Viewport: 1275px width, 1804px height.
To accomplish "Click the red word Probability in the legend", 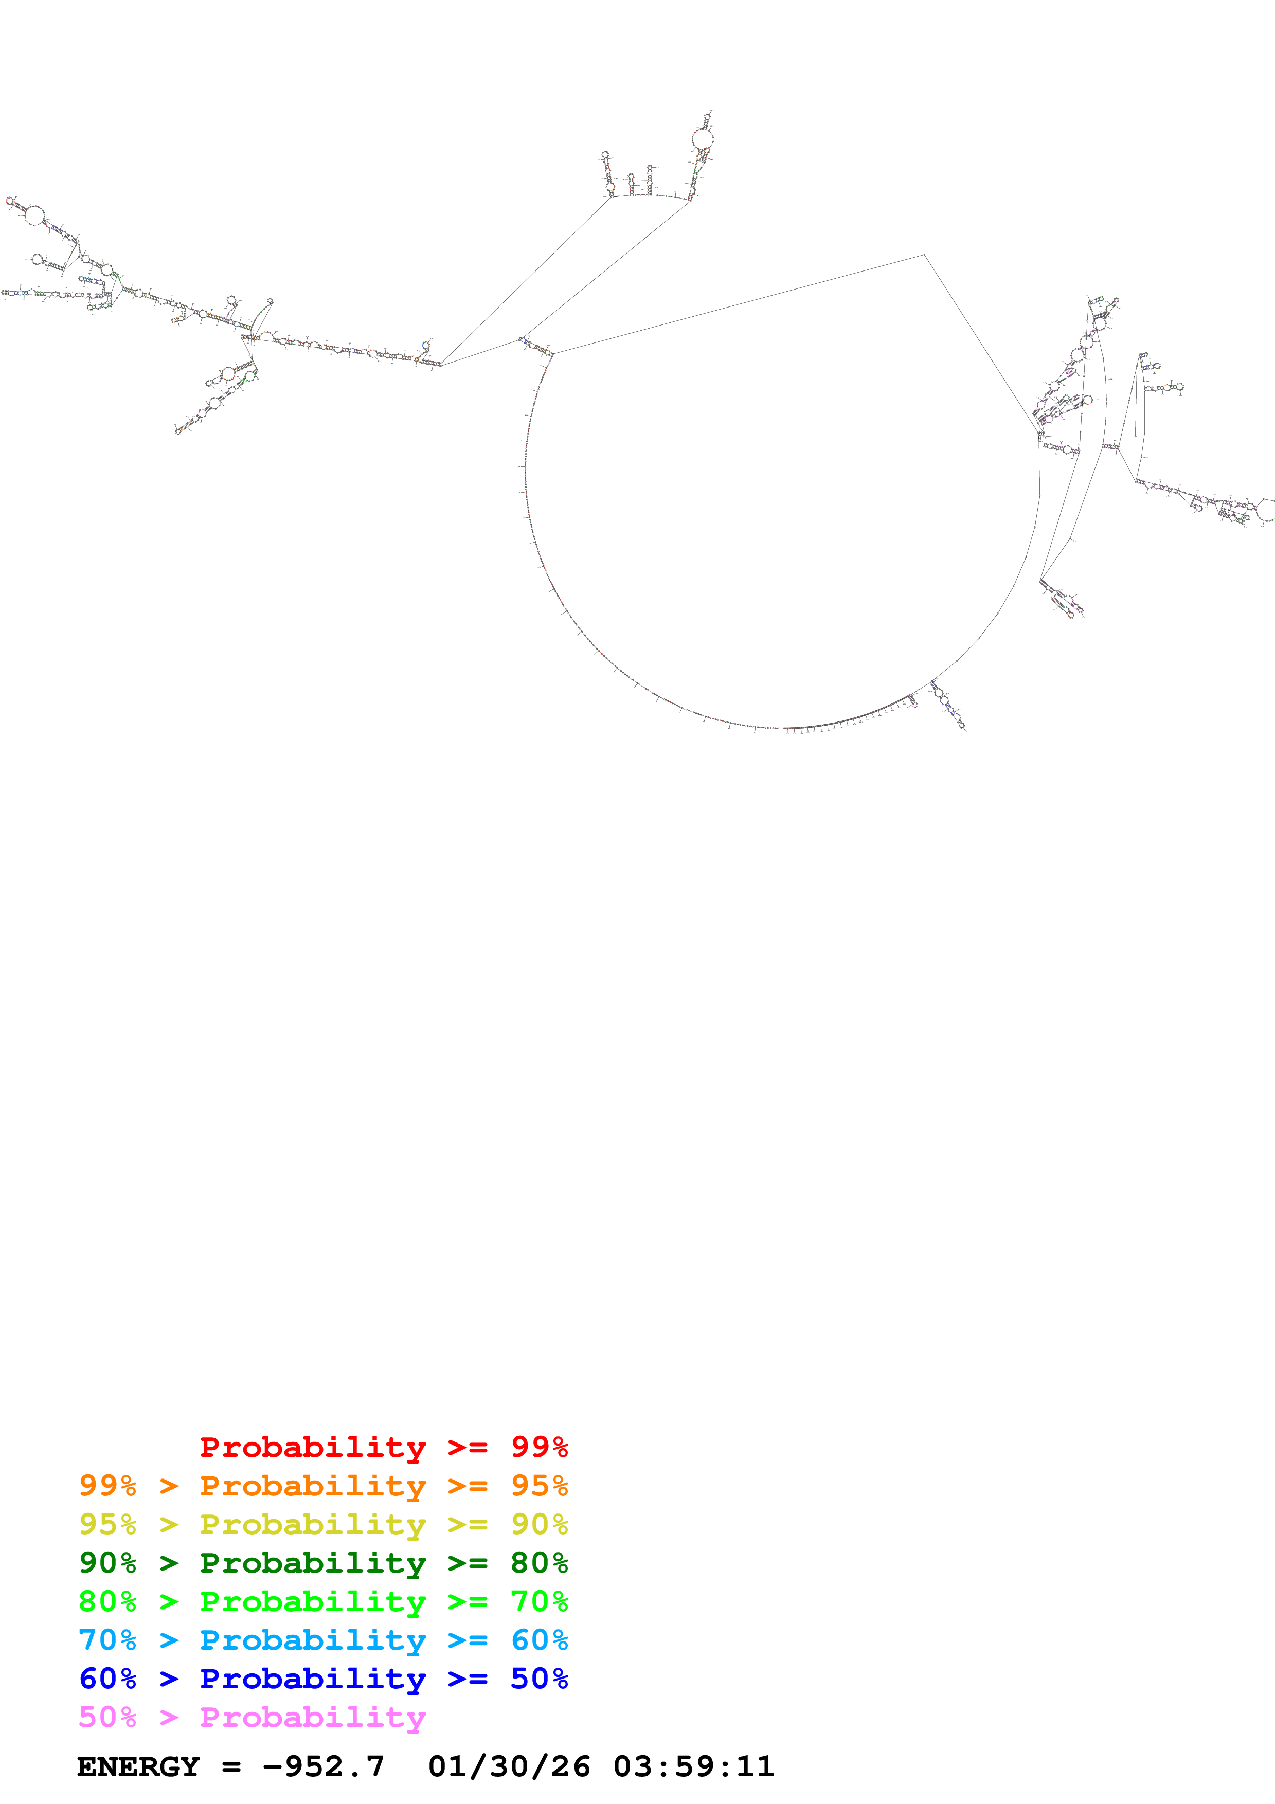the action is [313, 1447].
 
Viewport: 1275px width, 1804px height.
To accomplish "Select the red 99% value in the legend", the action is [539, 1447].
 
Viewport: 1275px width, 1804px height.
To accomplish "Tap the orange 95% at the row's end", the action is [539, 1486].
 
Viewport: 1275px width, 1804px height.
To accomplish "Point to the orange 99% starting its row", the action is [107, 1486].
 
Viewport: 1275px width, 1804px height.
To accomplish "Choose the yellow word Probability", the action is [313, 1524].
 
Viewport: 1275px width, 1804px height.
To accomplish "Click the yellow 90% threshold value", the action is [539, 1524].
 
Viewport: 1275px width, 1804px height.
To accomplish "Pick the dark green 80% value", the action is [539, 1563].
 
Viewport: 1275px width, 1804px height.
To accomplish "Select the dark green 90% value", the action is [107, 1563].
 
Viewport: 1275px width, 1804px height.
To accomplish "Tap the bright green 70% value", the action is [539, 1601].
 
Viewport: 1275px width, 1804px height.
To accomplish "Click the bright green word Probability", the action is [313, 1601].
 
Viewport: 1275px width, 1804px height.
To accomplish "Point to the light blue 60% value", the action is [539, 1640].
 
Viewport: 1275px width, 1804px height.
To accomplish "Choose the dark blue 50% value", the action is [539, 1679].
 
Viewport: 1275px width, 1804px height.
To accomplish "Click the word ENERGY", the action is [138, 1766].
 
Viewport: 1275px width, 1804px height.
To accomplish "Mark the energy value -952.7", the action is [323, 1766].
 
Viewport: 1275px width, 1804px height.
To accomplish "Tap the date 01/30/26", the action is [509, 1766].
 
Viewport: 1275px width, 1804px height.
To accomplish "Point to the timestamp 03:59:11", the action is [694, 1766].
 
